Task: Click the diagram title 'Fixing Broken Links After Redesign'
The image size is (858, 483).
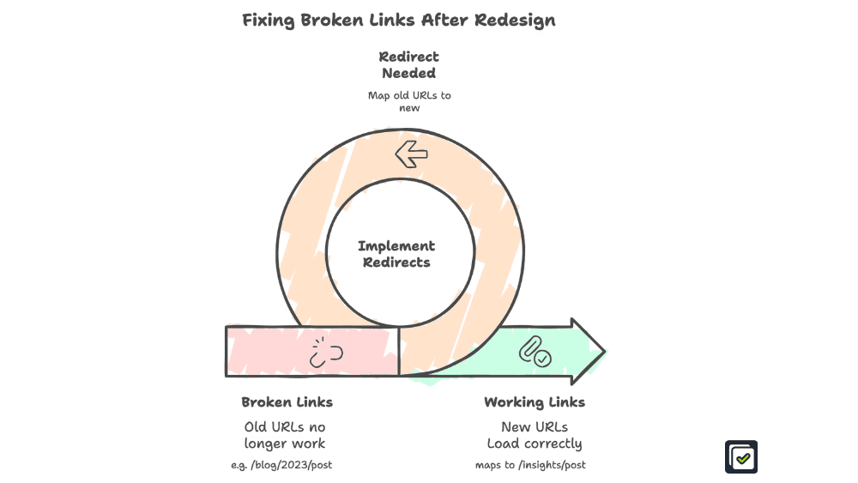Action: point(398,21)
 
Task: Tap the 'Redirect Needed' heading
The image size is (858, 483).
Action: point(409,65)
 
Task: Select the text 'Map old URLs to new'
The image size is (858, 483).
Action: point(409,101)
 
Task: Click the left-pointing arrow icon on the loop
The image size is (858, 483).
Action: point(411,154)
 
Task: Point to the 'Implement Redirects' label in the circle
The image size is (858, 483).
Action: point(396,254)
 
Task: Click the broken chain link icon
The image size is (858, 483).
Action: point(326,352)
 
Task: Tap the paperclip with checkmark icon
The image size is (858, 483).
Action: point(535,352)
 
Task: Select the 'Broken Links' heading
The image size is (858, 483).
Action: point(287,402)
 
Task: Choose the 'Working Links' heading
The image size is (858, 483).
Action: point(535,402)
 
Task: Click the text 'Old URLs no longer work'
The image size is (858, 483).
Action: point(285,435)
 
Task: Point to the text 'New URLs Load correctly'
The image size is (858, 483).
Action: point(535,435)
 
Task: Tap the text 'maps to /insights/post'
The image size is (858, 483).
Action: point(530,465)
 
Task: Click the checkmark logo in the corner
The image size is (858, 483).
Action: point(741,457)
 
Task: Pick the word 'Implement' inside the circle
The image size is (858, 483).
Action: point(396,246)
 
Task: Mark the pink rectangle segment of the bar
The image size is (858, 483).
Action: point(275,352)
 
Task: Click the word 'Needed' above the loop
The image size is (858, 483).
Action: point(409,74)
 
